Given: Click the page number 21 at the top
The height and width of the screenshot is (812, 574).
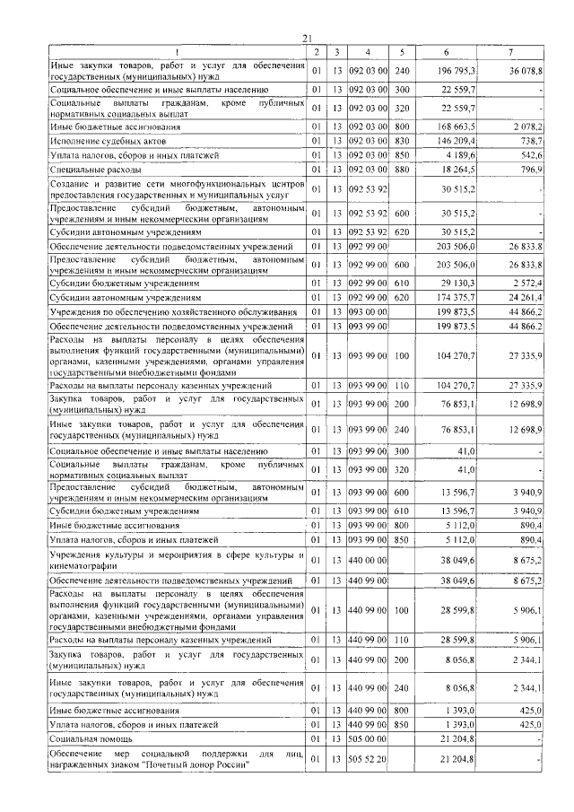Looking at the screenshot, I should [x=307, y=37].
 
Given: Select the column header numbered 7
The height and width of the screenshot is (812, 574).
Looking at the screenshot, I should [x=510, y=52].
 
